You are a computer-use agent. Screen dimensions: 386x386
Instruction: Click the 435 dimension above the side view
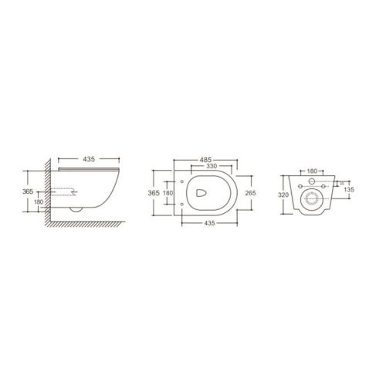(x=89, y=159)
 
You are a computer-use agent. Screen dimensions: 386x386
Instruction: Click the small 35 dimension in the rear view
(x=341, y=183)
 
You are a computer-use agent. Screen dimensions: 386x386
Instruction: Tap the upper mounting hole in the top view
(x=181, y=183)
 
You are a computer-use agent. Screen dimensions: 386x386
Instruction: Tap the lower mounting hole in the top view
(x=181, y=203)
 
